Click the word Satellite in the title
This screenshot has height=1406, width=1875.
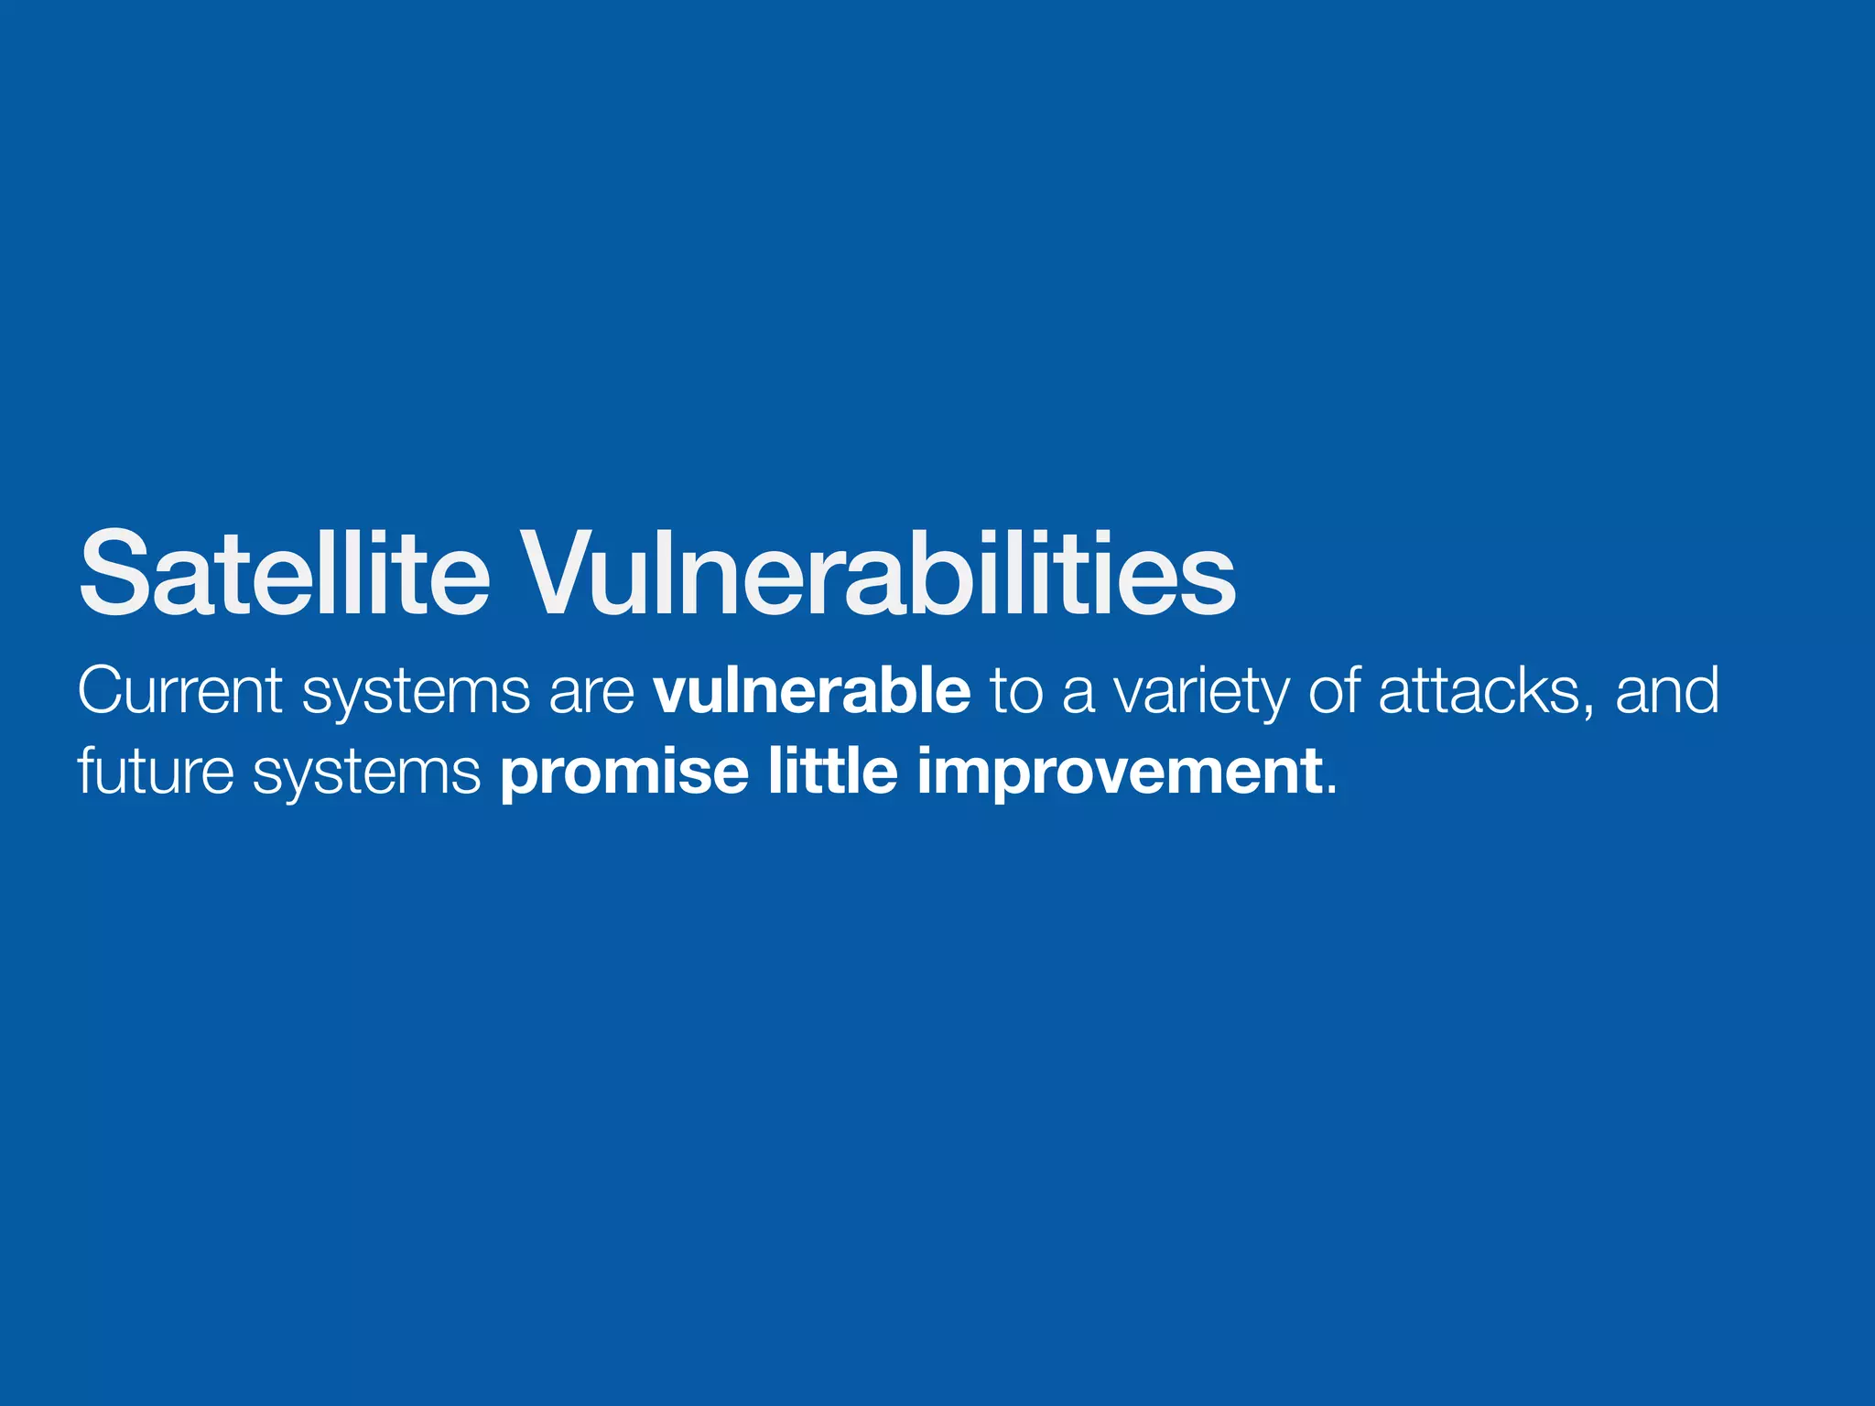[284, 575]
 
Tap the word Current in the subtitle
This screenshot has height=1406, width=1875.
[180, 690]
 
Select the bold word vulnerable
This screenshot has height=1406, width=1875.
[812, 690]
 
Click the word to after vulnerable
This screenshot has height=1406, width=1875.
[1016, 692]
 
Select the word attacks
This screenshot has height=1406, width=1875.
[1479, 690]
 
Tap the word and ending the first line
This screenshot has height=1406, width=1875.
[1667, 690]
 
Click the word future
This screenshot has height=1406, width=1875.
[156, 771]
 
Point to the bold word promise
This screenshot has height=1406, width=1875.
[623, 773]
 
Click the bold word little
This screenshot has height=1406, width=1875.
[832, 771]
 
